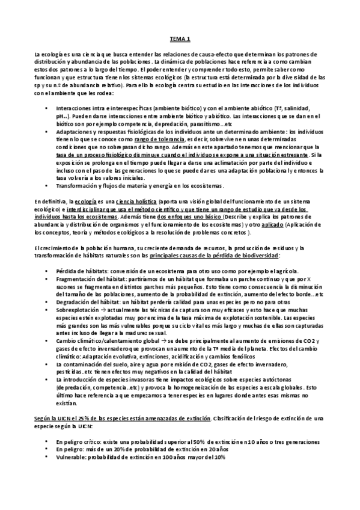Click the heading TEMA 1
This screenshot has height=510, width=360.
tap(180, 39)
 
